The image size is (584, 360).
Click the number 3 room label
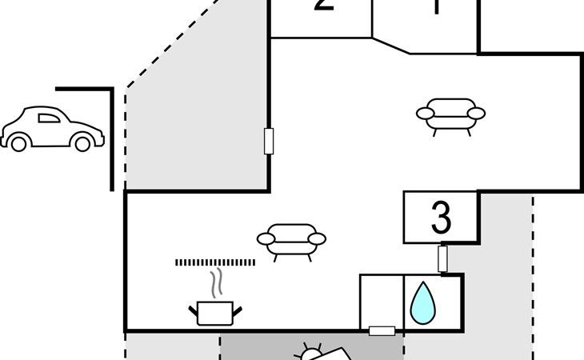pyautogui.click(x=441, y=217)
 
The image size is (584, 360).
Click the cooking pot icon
pyautogui.click(x=214, y=312)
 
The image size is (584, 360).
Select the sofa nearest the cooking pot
pyautogui.click(x=291, y=239)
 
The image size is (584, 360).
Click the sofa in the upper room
pyautogui.click(x=450, y=114)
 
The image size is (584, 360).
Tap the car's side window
pyautogui.click(x=49, y=119)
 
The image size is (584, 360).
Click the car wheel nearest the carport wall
pyautogui.click(x=82, y=143)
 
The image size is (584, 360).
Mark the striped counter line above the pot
pyautogui.click(x=215, y=262)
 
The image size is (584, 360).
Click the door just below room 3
pyautogui.click(x=442, y=258)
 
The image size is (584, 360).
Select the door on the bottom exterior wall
pyautogui.click(x=382, y=330)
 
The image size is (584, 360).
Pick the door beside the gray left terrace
pyautogui.click(x=269, y=141)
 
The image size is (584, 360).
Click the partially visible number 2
pyautogui.click(x=323, y=5)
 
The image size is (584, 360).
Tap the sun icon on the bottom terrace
pyautogui.click(x=310, y=353)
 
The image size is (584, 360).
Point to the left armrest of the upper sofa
pyautogui.click(x=425, y=114)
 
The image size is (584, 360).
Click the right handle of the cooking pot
pyautogui.click(x=238, y=308)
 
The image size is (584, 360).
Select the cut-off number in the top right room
pyautogui.click(x=436, y=6)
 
